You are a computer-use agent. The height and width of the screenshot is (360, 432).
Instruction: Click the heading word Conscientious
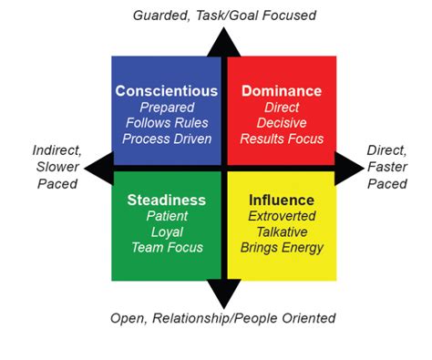(x=167, y=91)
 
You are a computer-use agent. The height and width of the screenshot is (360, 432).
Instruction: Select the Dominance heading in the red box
(x=281, y=91)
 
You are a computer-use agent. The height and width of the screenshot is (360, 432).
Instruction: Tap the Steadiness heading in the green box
(x=167, y=200)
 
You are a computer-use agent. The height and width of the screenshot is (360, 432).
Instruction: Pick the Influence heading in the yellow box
(x=281, y=200)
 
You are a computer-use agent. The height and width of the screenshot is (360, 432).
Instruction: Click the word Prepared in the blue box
(x=167, y=108)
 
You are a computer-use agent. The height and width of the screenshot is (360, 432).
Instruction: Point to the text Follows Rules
(x=167, y=123)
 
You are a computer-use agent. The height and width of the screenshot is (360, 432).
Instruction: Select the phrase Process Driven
(x=167, y=139)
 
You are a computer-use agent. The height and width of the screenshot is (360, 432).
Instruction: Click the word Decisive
(x=281, y=123)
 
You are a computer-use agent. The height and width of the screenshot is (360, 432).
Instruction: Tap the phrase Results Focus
(x=281, y=139)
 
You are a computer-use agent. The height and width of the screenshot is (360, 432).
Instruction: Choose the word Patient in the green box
(x=167, y=216)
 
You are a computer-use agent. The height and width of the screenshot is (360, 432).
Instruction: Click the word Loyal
(x=167, y=231)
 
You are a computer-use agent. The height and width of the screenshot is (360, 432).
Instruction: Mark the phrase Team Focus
(x=167, y=247)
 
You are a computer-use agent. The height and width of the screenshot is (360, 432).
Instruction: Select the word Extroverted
(x=281, y=216)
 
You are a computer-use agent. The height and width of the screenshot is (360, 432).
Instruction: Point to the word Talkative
(x=281, y=231)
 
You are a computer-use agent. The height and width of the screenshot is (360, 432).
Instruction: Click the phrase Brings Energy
(x=281, y=247)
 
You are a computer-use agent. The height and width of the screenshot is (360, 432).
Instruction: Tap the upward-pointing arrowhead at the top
(x=223, y=41)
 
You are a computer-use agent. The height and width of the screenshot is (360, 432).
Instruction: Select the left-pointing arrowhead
(x=96, y=169)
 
